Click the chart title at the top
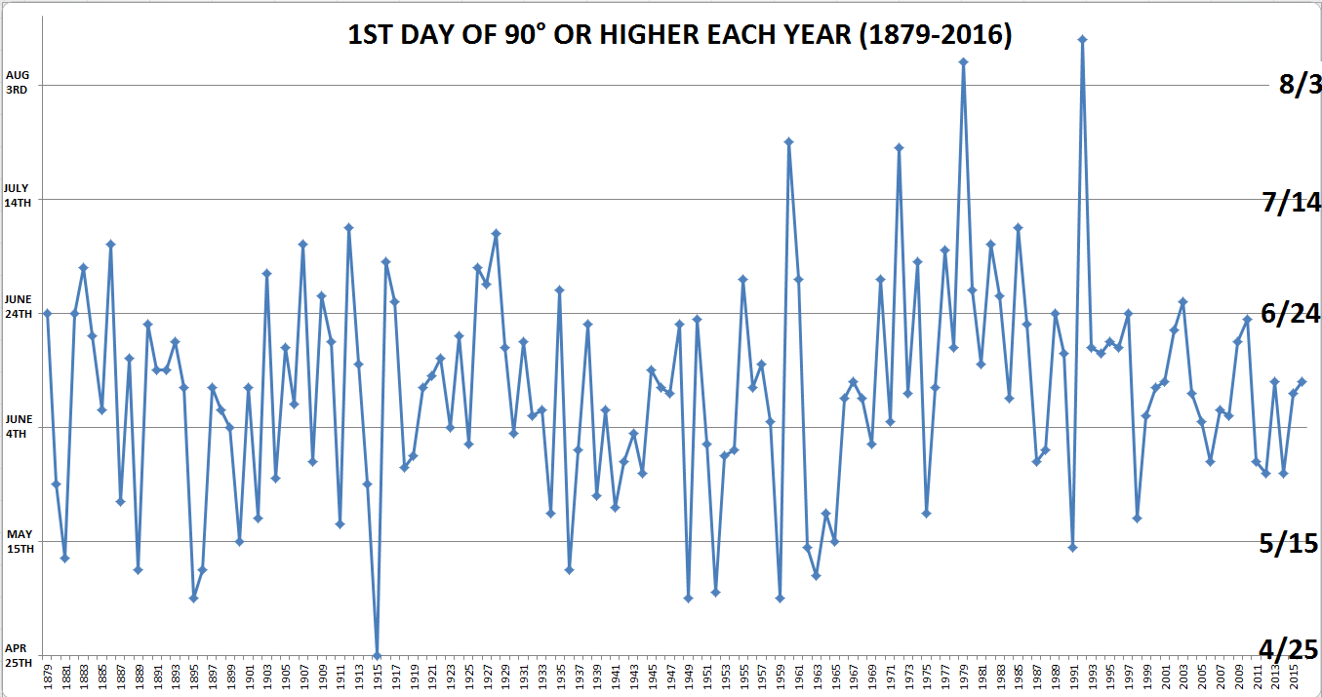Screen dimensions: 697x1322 (680, 36)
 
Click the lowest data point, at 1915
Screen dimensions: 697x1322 (377, 655)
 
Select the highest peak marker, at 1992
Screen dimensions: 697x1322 (1082, 39)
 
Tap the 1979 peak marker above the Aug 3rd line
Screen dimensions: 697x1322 (963, 61)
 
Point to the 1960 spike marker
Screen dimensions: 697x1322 (788, 141)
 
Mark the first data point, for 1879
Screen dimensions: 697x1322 (47, 313)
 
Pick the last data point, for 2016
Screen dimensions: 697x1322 (1302, 381)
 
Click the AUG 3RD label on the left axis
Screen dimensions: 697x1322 (18, 81)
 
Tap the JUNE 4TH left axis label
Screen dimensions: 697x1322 (19, 425)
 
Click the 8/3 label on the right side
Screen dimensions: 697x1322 (1300, 86)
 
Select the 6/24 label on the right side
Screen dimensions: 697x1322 (1290, 314)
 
